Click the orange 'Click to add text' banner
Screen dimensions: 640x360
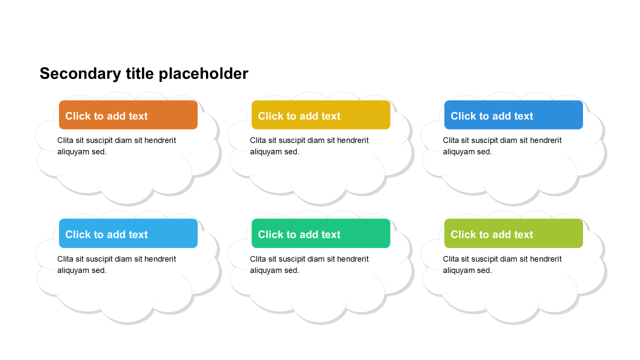pos(128,115)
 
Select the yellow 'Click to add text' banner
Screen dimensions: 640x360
pos(321,115)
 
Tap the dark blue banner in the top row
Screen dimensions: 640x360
pos(513,115)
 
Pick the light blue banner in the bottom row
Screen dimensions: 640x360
pos(128,233)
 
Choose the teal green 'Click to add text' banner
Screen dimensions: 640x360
pos(321,233)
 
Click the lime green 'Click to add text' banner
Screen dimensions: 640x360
pos(513,233)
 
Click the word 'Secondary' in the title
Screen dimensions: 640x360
pos(80,74)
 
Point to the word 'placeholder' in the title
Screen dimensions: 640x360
pos(203,74)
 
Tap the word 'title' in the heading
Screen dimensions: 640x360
pos(139,73)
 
